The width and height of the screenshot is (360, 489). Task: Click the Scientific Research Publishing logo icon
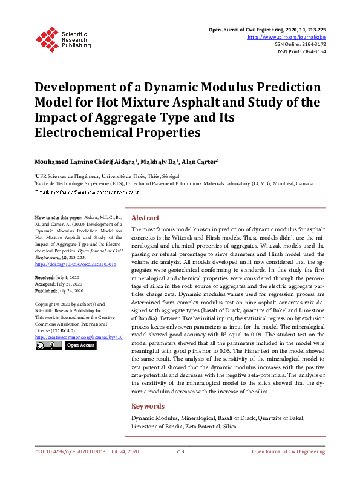click(x=47, y=38)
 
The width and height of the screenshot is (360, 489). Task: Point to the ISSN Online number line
click(x=299, y=44)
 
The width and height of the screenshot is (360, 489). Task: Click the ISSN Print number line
click(x=301, y=52)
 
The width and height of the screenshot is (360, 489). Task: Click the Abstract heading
click(x=145, y=218)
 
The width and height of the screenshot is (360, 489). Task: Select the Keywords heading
click(x=148, y=407)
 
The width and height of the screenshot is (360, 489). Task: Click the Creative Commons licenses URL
click(x=79, y=336)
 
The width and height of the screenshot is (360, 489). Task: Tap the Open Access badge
click(x=80, y=345)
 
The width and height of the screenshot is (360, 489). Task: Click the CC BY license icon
click(x=48, y=345)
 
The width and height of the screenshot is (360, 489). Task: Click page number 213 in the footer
click(x=180, y=451)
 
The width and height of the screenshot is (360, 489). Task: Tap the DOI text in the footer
click(x=70, y=451)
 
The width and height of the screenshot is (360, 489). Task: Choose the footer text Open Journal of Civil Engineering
click(x=289, y=451)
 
